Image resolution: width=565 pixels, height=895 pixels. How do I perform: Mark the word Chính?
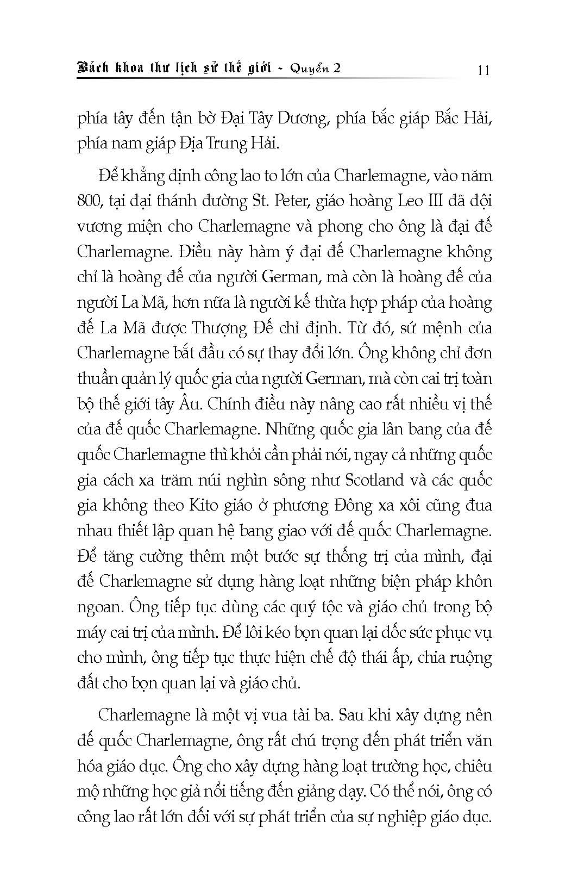point(227,405)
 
